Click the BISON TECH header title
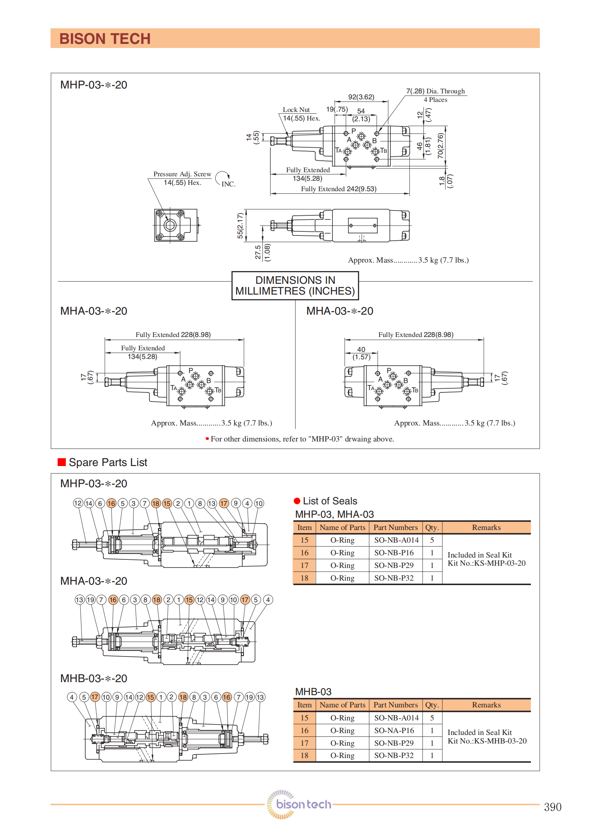(105, 39)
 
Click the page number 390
(552, 807)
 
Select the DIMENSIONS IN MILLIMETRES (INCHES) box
(295, 286)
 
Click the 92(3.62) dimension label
(361, 97)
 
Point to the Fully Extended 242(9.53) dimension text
(339, 189)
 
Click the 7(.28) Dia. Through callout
(435, 91)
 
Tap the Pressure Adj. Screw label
(182, 174)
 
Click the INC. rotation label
(228, 184)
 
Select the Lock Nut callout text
(296, 110)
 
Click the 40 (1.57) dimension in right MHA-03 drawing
(361, 353)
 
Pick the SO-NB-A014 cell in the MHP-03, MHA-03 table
(396, 540)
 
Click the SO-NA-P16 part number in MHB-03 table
(394, 730)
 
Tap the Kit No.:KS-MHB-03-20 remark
(487, 741)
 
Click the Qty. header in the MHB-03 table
(432, 705)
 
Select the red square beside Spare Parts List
(62, 462)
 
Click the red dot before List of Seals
(297, 501)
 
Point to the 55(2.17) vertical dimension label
(240, 226)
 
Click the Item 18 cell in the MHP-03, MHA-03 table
(304, 578)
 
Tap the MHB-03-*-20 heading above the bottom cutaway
(94, 678)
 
